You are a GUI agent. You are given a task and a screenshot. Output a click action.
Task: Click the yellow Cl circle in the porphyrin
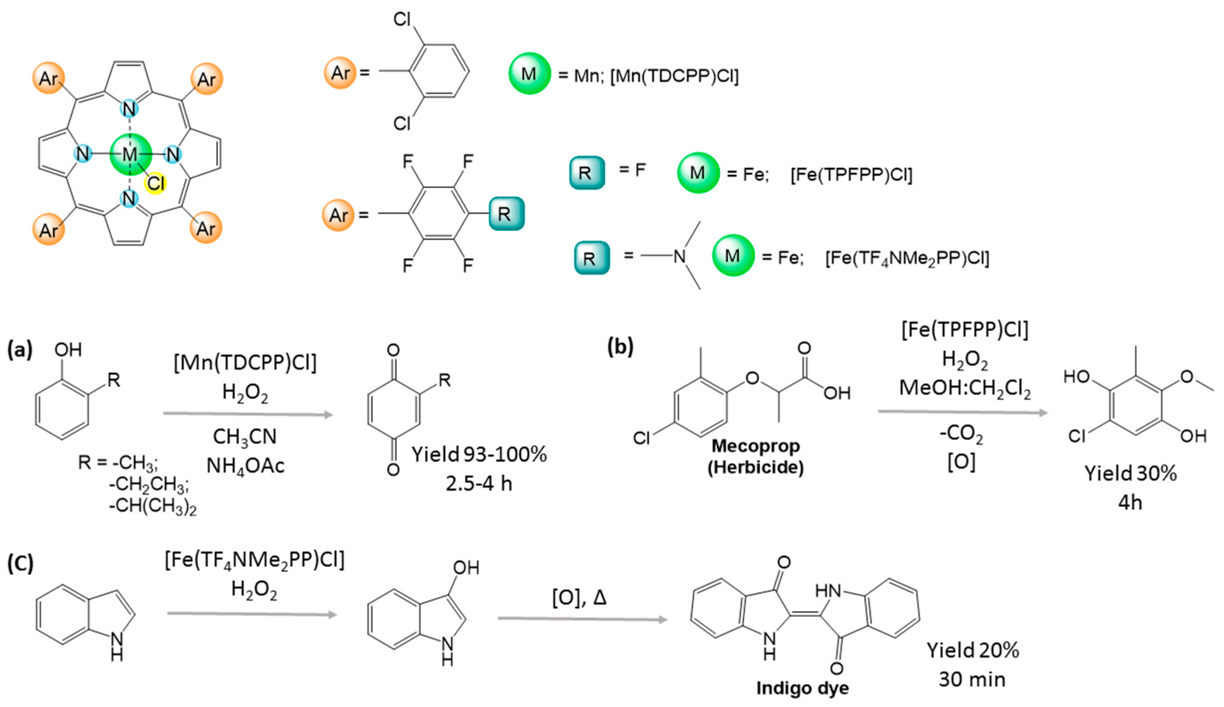(x=156, y=183)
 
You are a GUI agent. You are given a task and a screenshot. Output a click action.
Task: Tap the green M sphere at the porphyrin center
(x=130, y=155)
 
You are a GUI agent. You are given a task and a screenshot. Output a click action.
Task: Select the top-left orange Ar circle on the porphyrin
(x=49, y=78)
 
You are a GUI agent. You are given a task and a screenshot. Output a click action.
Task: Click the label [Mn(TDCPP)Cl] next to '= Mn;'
(x=674, y=76)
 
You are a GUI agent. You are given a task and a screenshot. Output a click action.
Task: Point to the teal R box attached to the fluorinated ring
(x=506, y=214)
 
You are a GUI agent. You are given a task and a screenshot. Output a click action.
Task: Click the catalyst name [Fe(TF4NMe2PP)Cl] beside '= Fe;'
(x=906, y=258)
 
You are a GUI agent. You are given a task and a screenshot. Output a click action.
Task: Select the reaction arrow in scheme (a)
(x=248, y=414)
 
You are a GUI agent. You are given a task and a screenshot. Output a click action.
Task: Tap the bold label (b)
(x=621, y=347)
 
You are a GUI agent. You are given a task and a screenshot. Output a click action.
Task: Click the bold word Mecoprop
(x=756, y=445)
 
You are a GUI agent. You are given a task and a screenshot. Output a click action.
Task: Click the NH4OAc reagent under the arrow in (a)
(x=245, y=466)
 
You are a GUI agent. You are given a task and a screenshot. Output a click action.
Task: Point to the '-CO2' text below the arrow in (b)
(x=961, y=434)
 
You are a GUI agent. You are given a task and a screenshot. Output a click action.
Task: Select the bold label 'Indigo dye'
(x=803, y=688)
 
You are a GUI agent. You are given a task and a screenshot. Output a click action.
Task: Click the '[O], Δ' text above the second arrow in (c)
(x=580, y=598)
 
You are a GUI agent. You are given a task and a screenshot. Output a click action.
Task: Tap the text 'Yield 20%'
(x=973, y=650)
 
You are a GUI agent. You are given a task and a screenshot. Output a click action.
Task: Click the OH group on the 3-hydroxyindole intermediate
(x=465, y=568)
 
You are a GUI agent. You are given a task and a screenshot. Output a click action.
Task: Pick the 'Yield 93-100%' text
(x=479, y=454)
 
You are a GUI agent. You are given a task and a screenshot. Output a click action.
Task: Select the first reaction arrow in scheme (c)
(x=251, y=614)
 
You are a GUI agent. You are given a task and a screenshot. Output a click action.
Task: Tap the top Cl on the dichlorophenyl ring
(x=402, y=20)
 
